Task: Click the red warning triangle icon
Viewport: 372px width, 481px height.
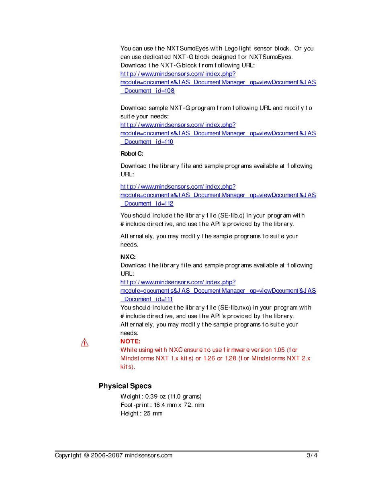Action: coord(84,342)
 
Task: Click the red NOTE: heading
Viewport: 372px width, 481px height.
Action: coord(131,341)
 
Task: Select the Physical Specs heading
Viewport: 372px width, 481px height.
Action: coord(125,386)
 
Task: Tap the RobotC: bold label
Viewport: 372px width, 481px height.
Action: coord(132,154)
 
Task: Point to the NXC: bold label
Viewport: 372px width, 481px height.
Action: coord(128,257)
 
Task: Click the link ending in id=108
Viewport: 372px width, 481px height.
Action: coord(147,91)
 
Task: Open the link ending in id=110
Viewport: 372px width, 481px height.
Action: coord(147,142)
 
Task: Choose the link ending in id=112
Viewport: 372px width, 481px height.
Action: coord(147,204)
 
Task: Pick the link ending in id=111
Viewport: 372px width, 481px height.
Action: coord(147,299)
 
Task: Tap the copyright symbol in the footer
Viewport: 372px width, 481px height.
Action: coord(86,455)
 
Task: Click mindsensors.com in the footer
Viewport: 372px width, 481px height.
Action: coord(148,455)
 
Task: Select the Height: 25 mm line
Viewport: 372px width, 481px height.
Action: coord(141,413)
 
